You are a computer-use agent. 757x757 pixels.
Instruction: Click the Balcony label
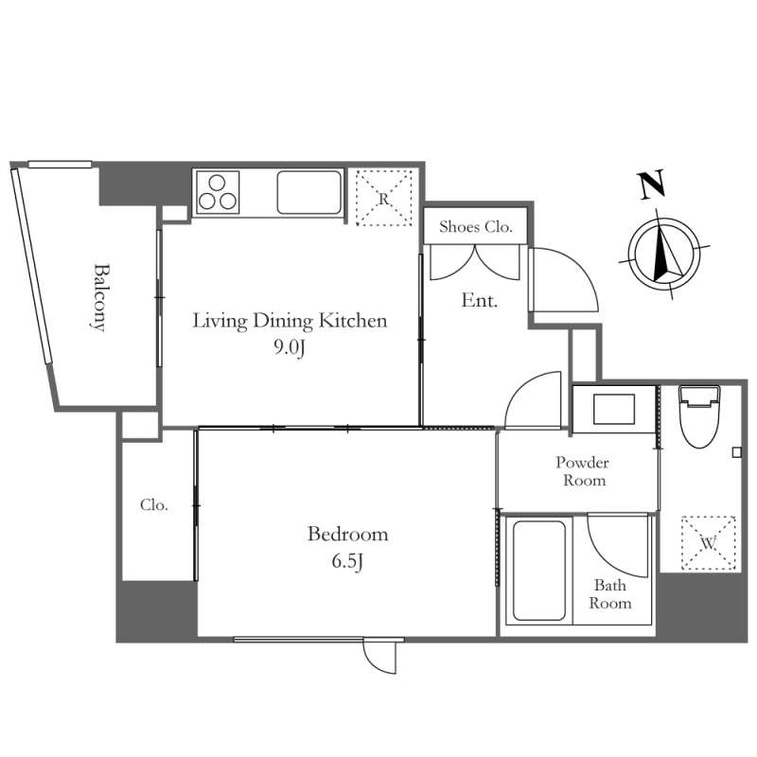(99, 297)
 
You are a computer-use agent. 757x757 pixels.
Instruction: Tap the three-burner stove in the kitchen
(218, 192)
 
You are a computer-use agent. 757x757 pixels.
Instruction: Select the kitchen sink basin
(309, 192)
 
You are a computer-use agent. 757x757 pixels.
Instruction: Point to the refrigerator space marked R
(384, 198)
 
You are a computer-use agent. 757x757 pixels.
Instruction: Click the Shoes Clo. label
(476, 226)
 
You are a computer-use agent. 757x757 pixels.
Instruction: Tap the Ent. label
(479, 300)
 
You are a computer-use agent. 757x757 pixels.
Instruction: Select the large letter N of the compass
(653, 185)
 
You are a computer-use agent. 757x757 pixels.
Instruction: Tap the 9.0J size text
(290, 347)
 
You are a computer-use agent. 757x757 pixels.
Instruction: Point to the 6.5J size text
(347, 561)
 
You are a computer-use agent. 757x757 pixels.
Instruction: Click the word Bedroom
(347, 534)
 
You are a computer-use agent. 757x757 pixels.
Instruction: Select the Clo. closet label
(154, 505)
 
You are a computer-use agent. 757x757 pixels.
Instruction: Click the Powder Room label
(583, 471)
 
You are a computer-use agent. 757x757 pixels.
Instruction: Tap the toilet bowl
(699, 416)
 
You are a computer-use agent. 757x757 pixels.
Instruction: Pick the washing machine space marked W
(708, 543)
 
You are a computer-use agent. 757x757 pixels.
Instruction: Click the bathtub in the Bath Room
(538, 571)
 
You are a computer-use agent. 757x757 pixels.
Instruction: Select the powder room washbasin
(614, 409)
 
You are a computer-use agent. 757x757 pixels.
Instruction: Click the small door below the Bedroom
(380, 656)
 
